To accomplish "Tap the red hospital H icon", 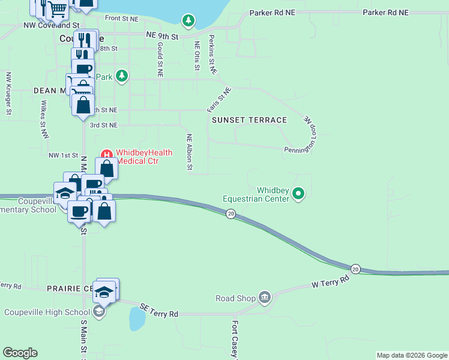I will [x=107, y=153].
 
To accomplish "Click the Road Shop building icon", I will [x=265, y=297].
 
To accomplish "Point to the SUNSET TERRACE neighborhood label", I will [x=250, y=120].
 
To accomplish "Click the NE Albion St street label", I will [x=189, y=152].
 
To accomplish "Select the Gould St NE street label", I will [x=160, y=59].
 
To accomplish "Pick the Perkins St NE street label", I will [x=212, y=55].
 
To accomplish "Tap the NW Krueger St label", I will [x=8, y=94].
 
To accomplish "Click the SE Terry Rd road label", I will [x=159, y=310].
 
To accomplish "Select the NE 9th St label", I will [x=162, y=36].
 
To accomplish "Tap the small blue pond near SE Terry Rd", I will [x=137, y=320].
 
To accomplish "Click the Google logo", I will [x=20, y=353].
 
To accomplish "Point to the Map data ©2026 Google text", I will [x=411, y=355].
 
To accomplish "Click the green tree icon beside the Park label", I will [x=122, y=76].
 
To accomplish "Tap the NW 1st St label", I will [x=63, y=155].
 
